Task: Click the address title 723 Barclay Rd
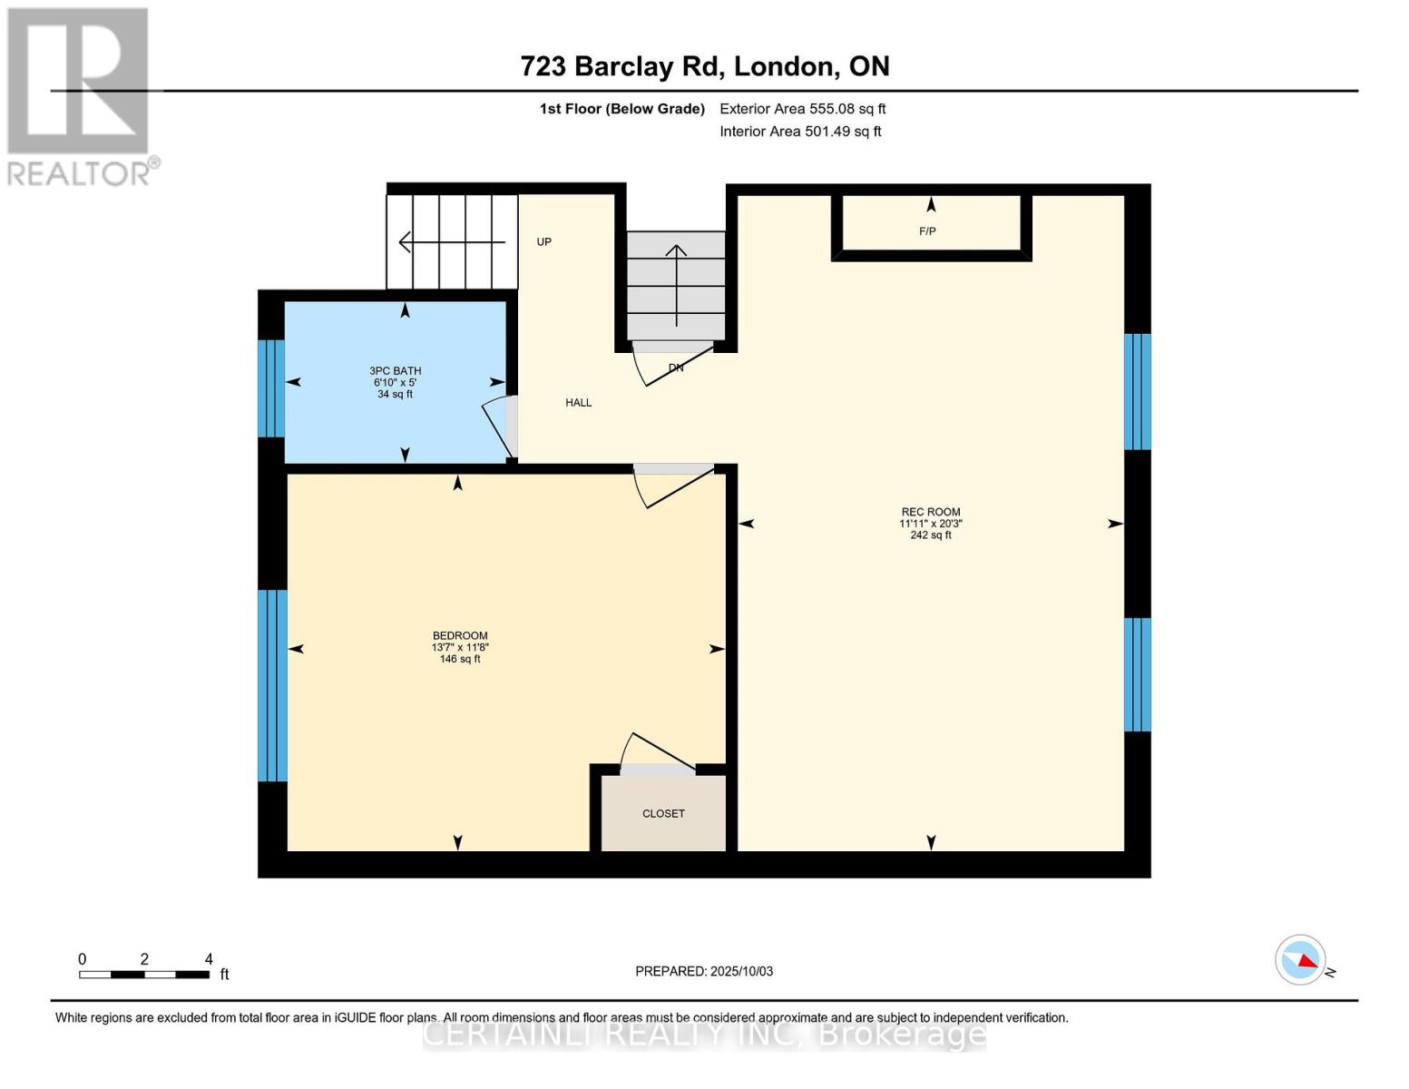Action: tap(704, 66)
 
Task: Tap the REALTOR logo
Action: tap(80, 96)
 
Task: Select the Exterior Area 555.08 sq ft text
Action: tap(802, 109)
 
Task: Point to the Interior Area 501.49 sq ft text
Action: tap(800, 132)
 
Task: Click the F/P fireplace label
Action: tap(927, 231)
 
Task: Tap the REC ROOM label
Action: tap(930, 512)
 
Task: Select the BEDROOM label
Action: tap(460, 635)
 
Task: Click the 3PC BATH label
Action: tap(395, 370)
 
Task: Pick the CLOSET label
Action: tap(663, 813)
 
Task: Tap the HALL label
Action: tap(578, 402)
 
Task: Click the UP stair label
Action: tap(543, 241)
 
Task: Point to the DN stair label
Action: tap(676, 368)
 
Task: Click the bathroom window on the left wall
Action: tap(271, 388)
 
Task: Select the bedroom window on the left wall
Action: tap(272, 685)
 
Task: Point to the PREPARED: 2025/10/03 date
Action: tap(704, 971)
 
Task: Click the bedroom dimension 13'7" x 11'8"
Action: tap(460, 647)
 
